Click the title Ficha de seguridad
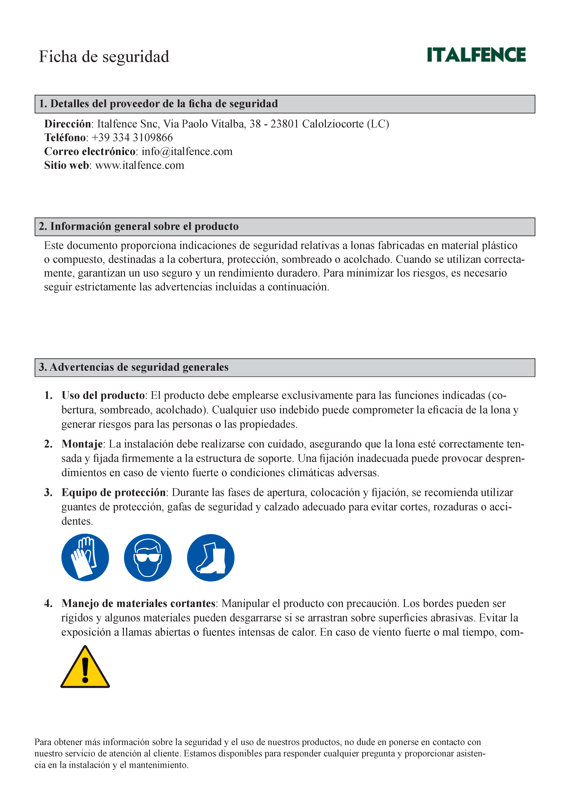[x=104, y=57]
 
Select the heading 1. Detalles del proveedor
[x=158, y=104]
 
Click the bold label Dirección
[x=67, y=124]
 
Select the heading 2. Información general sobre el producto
[x=139, y=226]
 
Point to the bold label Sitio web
[x=66, y=165]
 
